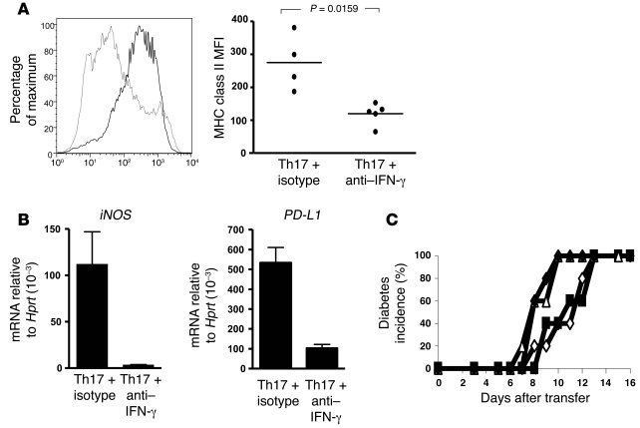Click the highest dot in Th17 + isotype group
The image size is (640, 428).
[293, 27]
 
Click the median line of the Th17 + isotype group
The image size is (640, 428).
[293, 63]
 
